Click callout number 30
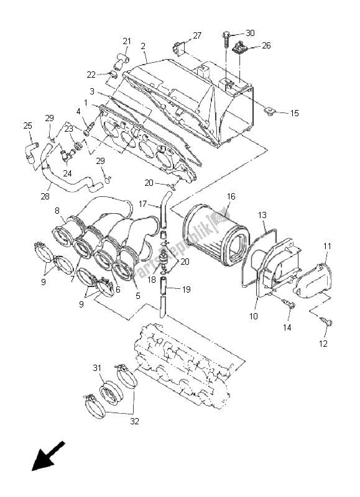pos(250,33)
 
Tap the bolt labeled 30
pos(224,39)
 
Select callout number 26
pos(266,45)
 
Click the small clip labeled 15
pos(270,112)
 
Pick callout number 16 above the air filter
pos(231,196)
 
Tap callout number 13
pos(262,215)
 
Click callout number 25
pos(28,126)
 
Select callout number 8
pos(57,211)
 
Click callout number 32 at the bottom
pos(134,421)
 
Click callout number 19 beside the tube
pos(187,288)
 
